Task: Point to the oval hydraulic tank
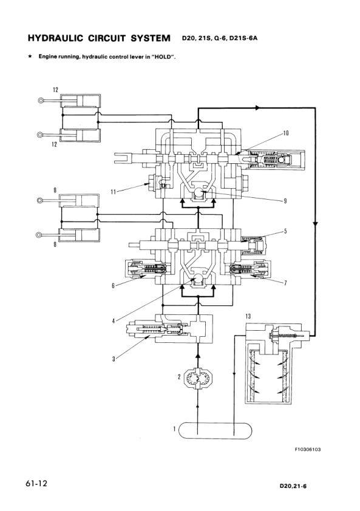pyautogui.click(x=216, y=431)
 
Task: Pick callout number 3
pyautogui.click(x=114, y=359)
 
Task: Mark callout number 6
pyautogui.click(x=114, y=286)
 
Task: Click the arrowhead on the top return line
pyautogui.click(x=259, y=107)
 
